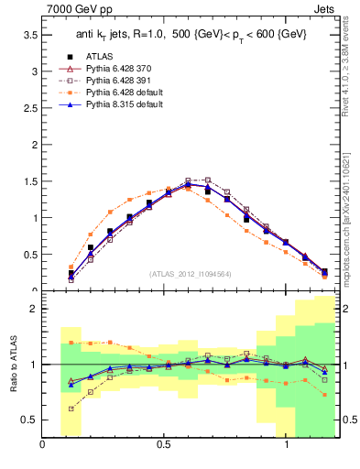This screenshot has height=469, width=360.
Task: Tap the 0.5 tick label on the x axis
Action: coord(164,444)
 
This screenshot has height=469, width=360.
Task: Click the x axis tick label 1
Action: coord(287,444)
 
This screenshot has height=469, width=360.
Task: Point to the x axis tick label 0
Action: coord(42,444)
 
